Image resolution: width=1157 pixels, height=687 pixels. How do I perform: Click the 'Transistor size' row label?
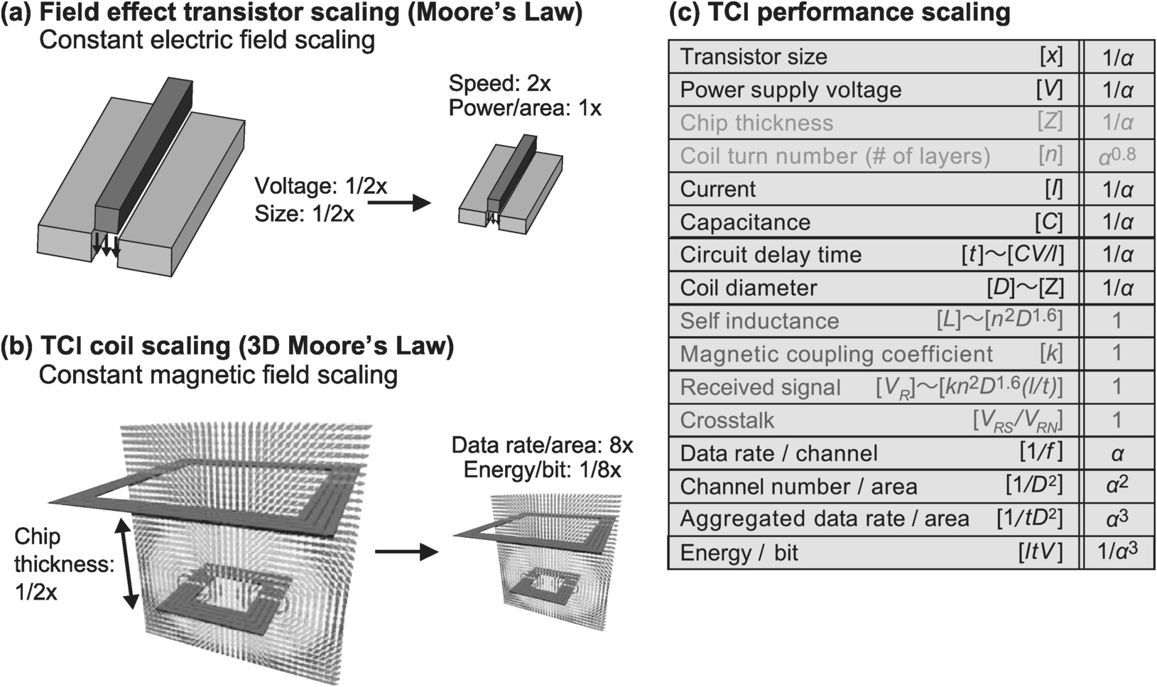click(x=754, y=57)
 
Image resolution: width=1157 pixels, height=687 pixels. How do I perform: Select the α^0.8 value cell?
click(x=1117, y=156)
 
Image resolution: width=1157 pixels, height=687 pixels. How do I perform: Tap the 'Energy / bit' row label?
click(x=739, y=553)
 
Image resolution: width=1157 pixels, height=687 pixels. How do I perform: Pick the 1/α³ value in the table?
click(x=1117, y=552)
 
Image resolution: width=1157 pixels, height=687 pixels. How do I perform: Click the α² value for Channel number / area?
click(x=1117, y=486)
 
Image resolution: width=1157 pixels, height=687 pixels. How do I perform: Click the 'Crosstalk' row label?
click(x=727, y=420)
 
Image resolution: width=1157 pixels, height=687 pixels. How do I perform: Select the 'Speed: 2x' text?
click(x=499, y=84)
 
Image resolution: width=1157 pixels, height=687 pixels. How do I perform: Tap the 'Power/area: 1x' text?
click(x=525, y=108)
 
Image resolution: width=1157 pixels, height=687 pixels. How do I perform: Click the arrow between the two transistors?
click(x=399, y=203)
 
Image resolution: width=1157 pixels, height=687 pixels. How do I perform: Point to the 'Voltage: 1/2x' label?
click(x=321, y=186)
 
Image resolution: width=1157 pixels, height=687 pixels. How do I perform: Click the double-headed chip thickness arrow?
click(x=130, y=564)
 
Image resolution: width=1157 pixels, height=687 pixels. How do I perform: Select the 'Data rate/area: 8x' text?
click(x=542, y=445)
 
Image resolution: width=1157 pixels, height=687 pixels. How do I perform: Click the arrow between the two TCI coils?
click(x=406, y=551)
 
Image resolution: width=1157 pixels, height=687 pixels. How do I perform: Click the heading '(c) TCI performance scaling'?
click(x=840, y=12)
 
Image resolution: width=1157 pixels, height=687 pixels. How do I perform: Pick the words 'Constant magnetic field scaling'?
click(x=218, y=374)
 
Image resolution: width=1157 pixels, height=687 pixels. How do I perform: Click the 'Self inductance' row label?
click(x=759, y=321)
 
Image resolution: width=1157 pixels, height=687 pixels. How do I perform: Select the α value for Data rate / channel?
click(x=1117, y=453)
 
